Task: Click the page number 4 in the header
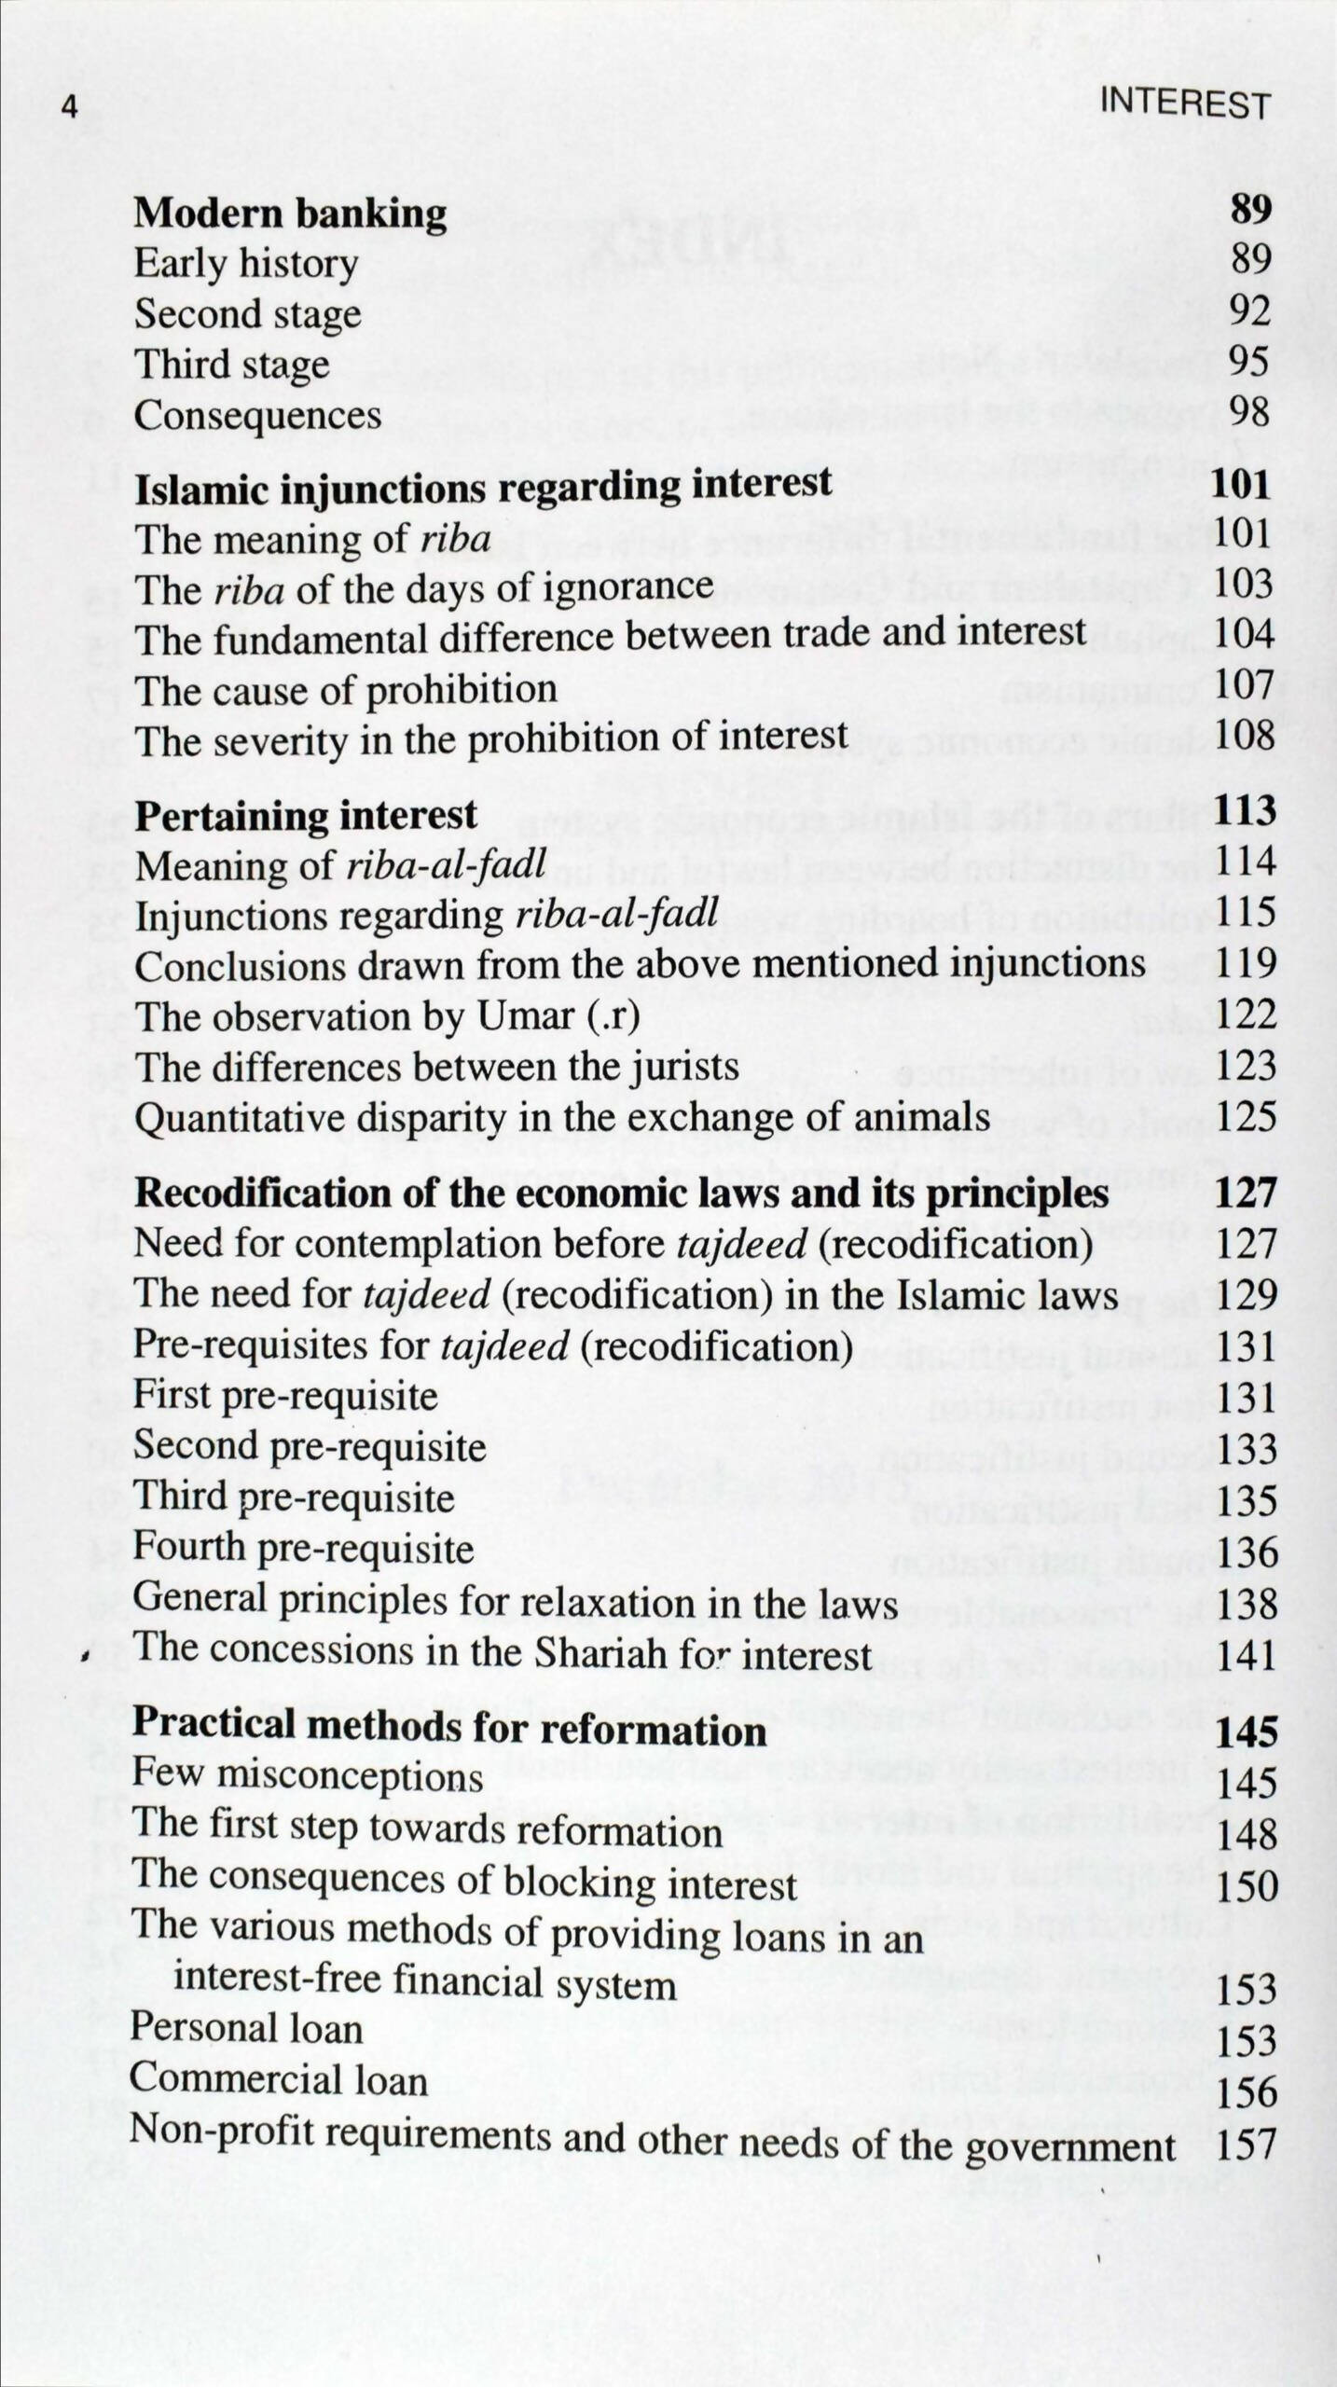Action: [x=68, y=106]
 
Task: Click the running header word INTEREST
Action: [x=1184, y=103]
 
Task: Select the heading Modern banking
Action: [x=290, y=214]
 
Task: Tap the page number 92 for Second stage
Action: [x=1249, y=310]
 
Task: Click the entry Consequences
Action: [x=257, y=415]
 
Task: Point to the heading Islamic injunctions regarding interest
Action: [x=483, y=487]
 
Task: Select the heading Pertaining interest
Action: [x=306, y=816]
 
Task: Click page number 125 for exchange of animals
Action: [x=1246, y=1116]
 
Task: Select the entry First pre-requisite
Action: [x=285, y=1396]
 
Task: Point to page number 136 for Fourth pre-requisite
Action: [x=1247, y=1552]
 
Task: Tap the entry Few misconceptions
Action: [x=308, y=1776]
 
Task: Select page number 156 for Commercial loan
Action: [x=1247, y=2091]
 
